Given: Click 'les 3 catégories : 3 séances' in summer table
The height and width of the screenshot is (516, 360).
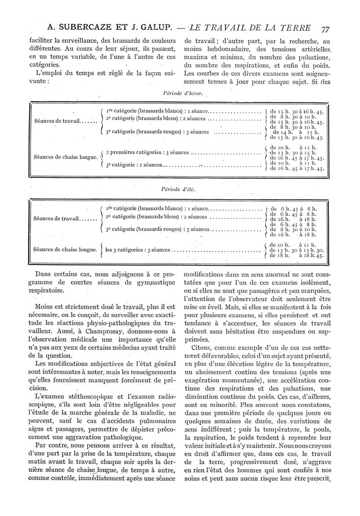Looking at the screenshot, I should tap(138, 249).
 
